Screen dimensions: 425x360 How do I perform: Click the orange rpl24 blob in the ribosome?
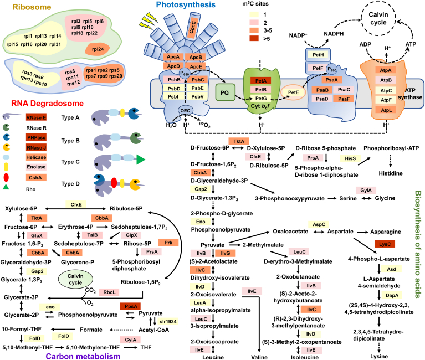pyautogui.click(x=98, y=49)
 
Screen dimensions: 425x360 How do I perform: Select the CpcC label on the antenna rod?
pyautogui.click(x=192, y=27)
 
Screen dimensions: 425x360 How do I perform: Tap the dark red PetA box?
pyautogui.click(x=261, y=81)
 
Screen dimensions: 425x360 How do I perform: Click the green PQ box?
pyautogui.click(x=225, y=92)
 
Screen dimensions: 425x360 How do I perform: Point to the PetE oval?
pyautogui.click(x=293, y=92)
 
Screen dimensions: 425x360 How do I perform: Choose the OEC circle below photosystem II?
pyautogui.click(x=185, y=111)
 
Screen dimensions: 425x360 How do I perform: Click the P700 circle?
pyautogui.click(x=332, y=70)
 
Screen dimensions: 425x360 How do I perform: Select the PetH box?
pyautogui.click(x=318, y=55)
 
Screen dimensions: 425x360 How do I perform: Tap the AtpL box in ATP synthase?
pyautogui.click(x=386, y=110)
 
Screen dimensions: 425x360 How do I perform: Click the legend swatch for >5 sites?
pyautogui.click(x=254, y=38)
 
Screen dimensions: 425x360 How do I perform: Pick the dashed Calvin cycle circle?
pyautogui.click(x=378, y=18)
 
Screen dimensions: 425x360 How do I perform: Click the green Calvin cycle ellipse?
pyautogui.click(x=75, y=279)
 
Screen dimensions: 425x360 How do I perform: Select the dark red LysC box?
pyautogui.click(x=385, y=244)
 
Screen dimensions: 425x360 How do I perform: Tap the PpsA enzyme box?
pyautogui.click(x=130, y=306)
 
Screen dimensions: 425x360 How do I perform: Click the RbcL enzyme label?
pyautogui.click(x=110, y=292)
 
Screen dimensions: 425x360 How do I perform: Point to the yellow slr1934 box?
pyautogui.click(x=168, y=321)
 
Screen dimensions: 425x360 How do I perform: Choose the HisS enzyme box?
pyautogui.click(x=350, y=158)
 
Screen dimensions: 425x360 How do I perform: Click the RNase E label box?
pyautogui.click(x=37, y=117)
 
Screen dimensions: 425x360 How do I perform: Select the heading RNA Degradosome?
pyautogui.click(x=48, y=103)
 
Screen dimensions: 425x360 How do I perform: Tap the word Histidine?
pyautogui.click(x=391, y=173)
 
